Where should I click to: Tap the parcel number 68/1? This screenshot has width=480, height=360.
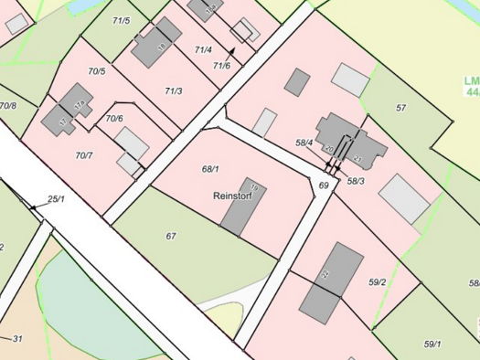pyautogui.click(x=210, y=169)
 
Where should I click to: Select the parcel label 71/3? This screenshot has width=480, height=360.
pyautogui.click(x=174, y=90)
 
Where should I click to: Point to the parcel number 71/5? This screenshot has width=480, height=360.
pyautogui.click(x=120, y=20)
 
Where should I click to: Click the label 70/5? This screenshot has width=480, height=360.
pyautogui.click(x=96, y=70)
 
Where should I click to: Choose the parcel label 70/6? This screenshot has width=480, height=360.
pyautogui.click(x=114, y=118)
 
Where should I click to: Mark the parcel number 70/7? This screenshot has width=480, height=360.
pyautogui.click(x=84, y=155)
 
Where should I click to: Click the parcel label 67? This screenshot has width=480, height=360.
pyautogui.click(x=171, y=236)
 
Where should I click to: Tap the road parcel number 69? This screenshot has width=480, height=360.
pyautogui.click(x=323, y=185)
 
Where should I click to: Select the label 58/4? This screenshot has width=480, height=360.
pyautogui.click(x=304, y=143)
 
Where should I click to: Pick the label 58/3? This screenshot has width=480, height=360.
pyautogui.click(x=357, y=181)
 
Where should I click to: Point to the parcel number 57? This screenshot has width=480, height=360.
pyautogui.click(x=400, y=108)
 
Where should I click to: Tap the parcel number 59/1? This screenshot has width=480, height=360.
pyautogui.click(x=432, y=344)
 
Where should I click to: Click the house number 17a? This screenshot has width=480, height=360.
pyautogui.click(x=80, y=104)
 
